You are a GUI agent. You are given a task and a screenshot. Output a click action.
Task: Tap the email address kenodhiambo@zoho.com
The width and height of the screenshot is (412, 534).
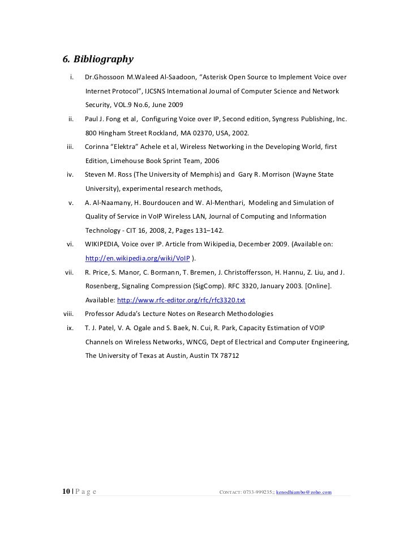tap(303, 492)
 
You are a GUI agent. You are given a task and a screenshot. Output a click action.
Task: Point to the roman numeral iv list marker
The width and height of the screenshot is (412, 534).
tap(71, 176)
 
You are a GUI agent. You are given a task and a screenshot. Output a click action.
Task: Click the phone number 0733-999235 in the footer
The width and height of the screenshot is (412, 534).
tap(254, 492)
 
